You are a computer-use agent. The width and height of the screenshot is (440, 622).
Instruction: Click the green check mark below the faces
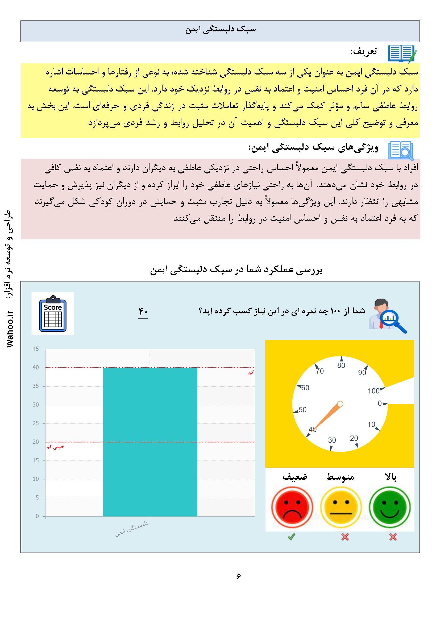tap(292, 537)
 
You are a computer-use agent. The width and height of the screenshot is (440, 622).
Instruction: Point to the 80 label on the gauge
tap(341, 366)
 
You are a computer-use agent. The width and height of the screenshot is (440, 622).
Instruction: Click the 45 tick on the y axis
tap(36, 349)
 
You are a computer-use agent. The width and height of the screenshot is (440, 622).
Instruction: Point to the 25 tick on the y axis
tap(36, 423)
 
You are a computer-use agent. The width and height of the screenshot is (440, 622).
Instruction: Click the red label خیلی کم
tap(55, 447)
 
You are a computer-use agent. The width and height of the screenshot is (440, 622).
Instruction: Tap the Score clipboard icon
tap(53, 313)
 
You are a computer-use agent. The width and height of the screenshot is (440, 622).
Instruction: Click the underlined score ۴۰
tap(143, 312)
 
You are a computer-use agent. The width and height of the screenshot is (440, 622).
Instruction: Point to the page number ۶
tap(238, 576)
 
